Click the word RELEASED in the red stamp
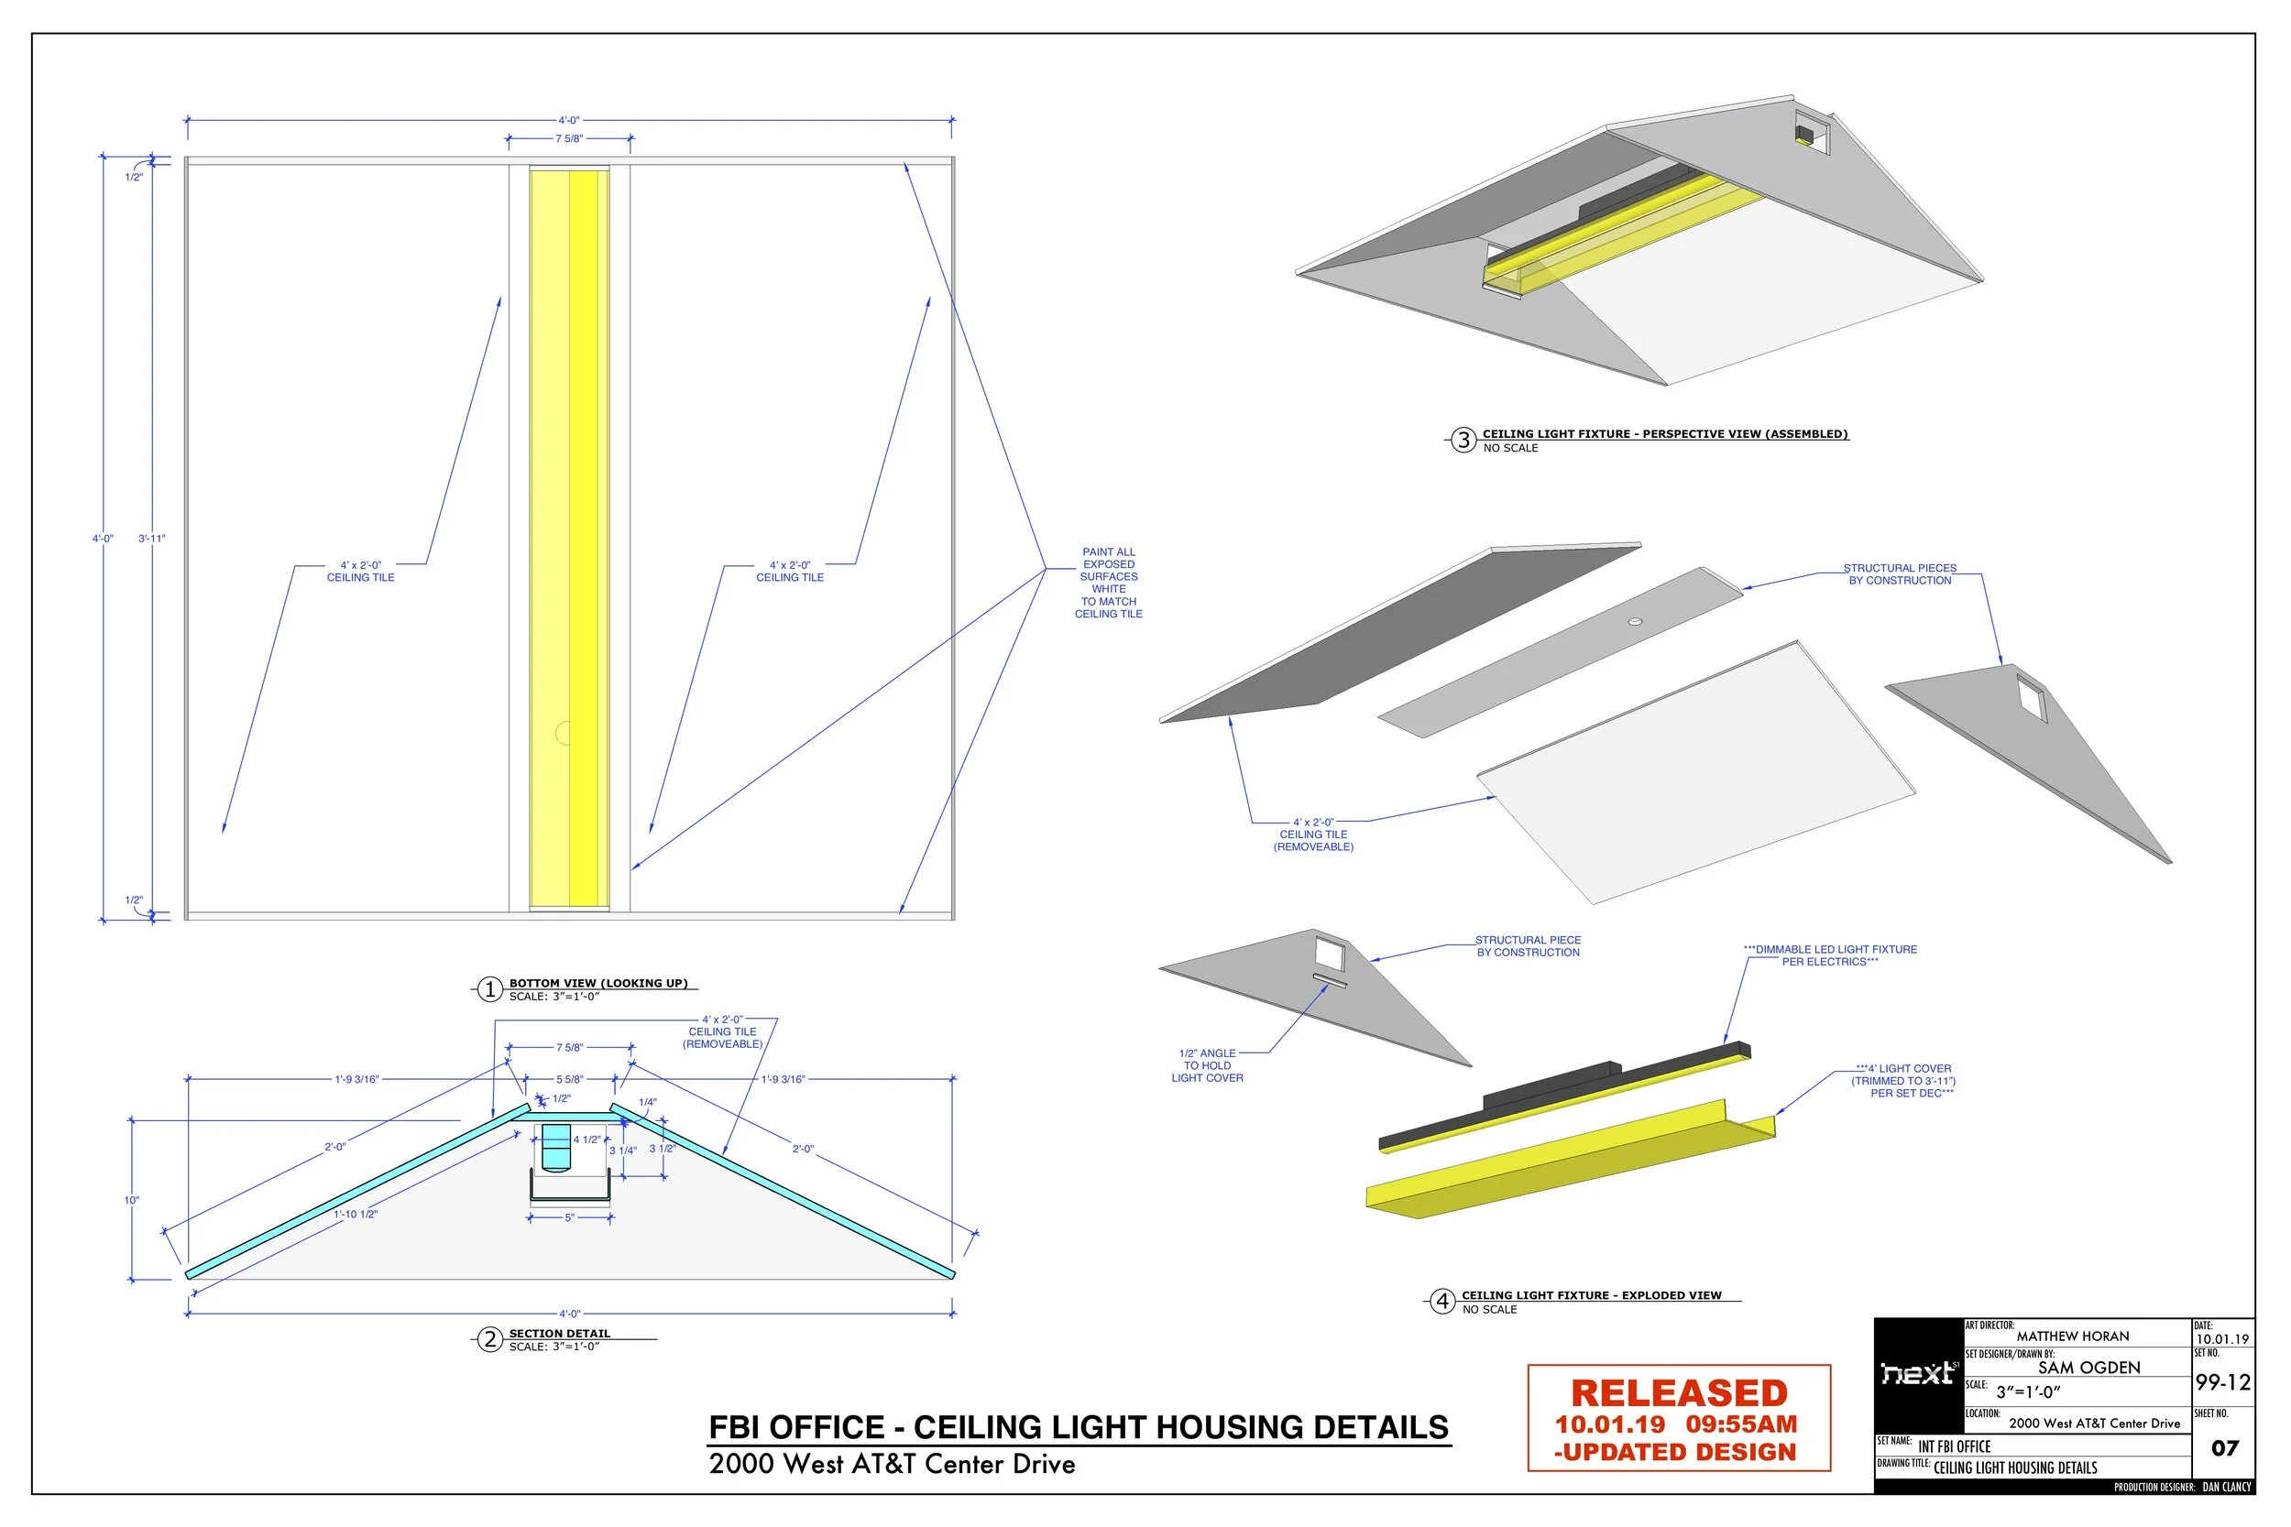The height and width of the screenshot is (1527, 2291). (x=1678, y=1392)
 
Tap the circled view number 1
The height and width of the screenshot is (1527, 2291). (x=490, y=989)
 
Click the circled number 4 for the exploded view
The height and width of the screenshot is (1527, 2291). (x=1441, y=1301)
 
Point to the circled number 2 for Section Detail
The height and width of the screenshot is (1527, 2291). (x=490, y=1340)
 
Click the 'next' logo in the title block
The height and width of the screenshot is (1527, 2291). (x=1918, y=1373)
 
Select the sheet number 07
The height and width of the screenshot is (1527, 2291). (x=2224, y=1448)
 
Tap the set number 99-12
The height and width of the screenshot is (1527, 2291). (x=2222, y=1383)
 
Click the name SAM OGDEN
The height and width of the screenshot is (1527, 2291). (x=2088, y=1368)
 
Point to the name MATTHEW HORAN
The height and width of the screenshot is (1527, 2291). (x=2072, y=1336)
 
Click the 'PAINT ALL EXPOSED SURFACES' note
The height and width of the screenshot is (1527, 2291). (x=1109, y=583)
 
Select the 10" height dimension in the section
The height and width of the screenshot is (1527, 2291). (x=131, y=1200)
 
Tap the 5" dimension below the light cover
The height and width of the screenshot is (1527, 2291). (x=570, y=1218)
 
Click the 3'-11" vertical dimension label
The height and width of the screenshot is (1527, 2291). (x=152, y=539)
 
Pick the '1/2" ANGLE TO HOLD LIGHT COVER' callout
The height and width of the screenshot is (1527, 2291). (x=1207, y=1065)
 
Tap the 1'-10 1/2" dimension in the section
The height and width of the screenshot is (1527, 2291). (x=356, y=1215)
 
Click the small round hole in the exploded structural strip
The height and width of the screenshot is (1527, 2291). (x=1636, y=621)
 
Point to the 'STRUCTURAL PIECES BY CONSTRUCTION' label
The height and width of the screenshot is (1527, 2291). (x=1900, y=574)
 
